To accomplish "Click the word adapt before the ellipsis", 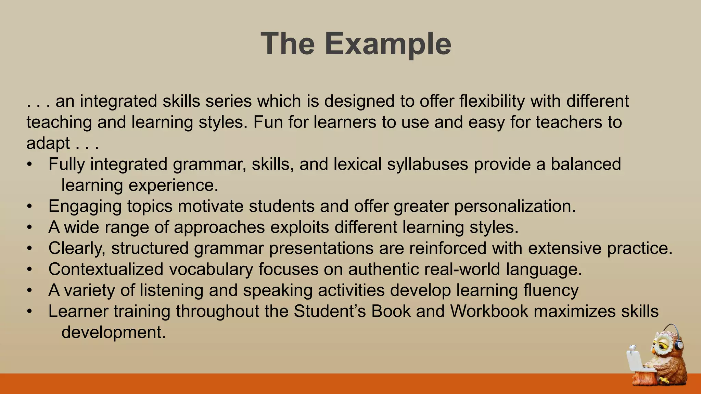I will [48, 144].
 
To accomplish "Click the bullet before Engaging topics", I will [30, 207].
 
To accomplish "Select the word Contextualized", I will [106, 269].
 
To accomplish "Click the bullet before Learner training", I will [30, 312].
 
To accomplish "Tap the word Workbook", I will [489, 311].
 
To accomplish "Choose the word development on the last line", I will [113, 332].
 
